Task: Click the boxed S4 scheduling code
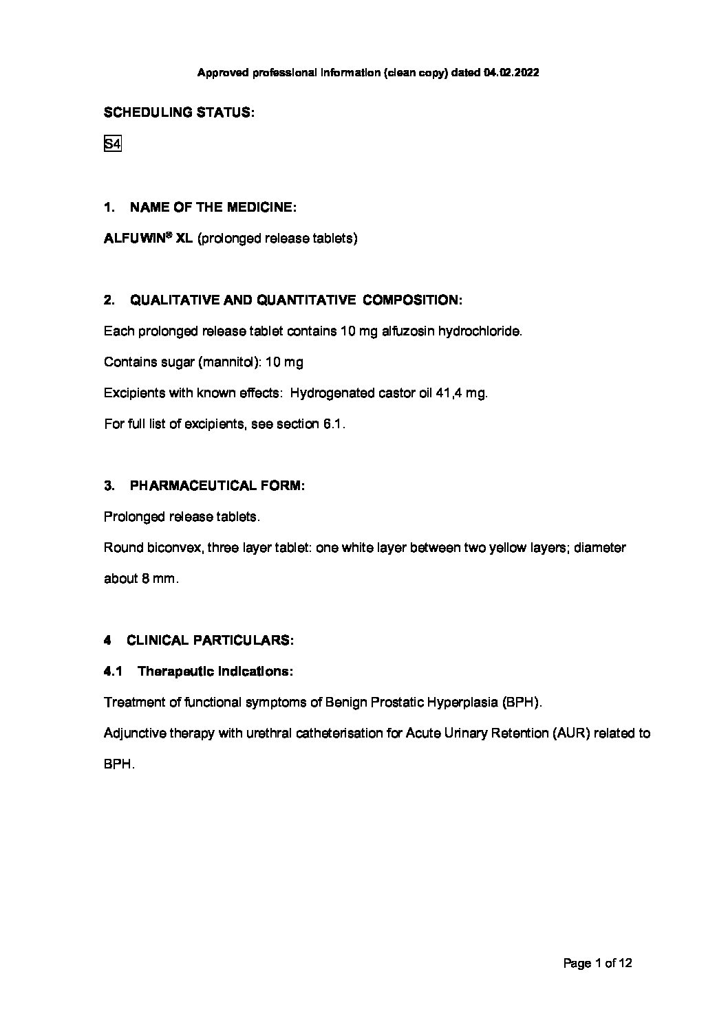[x=112, y=144]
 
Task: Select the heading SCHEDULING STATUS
[x=179, y=113]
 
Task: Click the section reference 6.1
[x=333, y=424]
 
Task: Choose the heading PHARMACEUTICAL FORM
[x=217, y=485]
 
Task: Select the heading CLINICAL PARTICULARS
[x=210, y=641]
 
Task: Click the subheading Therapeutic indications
[x=215, y=672]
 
